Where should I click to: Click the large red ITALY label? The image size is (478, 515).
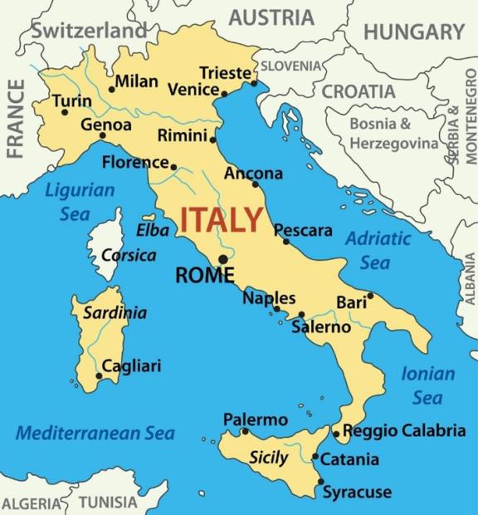pos(222,221)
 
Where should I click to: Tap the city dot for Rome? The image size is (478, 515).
pos(223,259)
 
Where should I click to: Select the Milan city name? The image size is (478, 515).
pos(136,81)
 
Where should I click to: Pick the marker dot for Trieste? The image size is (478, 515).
pos(254,83)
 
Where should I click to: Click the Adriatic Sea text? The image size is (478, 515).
pos(378,250)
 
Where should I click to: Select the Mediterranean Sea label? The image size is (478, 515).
pos(95,433)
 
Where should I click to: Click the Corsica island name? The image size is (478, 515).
pos(128,255)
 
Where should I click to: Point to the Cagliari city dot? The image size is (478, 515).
pos(99,375)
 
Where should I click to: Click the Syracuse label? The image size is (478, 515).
pos(357,492)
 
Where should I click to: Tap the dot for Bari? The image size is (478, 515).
pos(370,296)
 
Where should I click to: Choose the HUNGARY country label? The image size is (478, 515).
pos(414,32)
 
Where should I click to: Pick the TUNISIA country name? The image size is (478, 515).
pos(108,502)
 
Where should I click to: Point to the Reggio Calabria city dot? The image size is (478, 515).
pos(335,434)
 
